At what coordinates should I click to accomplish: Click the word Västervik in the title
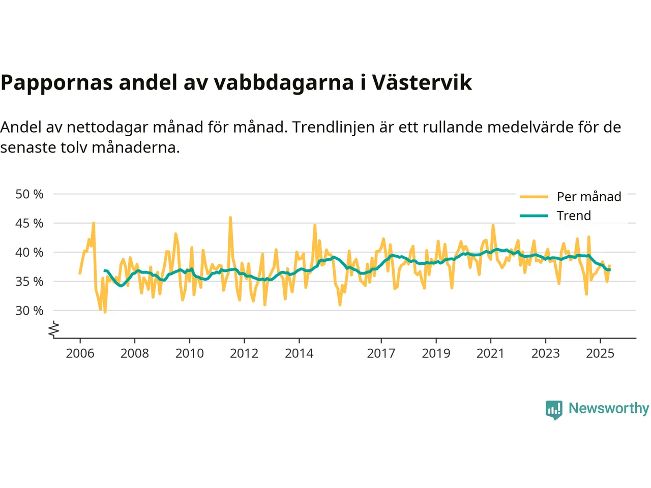pyautogui.click(x=422, y=82)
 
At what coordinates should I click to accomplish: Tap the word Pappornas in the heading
pyautogui.click(x=56, y=82)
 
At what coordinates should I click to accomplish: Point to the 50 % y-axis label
pyautogui.click(x=29, y=194)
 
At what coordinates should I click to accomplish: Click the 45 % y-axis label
pyautogui.click(x=29, y=223)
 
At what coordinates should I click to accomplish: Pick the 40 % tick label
pyautogui.click(x=29, y=252)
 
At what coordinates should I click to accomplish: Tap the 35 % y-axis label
pyautogui.click(x=29, y=281)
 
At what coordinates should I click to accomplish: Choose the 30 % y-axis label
pyautogui.click(x=29, y=311)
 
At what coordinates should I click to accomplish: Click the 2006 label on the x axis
pyautogui.click(x=80, y=353)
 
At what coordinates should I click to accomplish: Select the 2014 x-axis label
pyautogui.click(x=299, y=353)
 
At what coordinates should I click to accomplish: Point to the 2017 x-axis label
pyautogui.click(x=381, y=353)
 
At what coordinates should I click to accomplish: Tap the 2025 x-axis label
pyautogui.click(x=600, y=353)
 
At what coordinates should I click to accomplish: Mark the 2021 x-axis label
pyautogui.click(x=490, y=353)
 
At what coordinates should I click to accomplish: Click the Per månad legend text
pyautogui.click(x=589, y=197)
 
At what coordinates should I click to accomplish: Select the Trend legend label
pyautogui.click(x=574, y=216)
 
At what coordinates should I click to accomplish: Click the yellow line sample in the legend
pyautogui.click(x=534, y=197)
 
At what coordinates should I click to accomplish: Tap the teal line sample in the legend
pyautogui.click(x=534, y=216)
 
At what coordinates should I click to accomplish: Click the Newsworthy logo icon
pyautogui.click(x=554, y=409)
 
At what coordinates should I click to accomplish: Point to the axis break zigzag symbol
pyautogui.click(x=54, y=329)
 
